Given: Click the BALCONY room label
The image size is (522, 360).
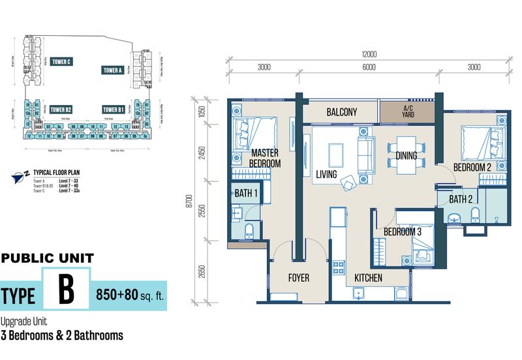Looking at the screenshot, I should (x=341, y=112).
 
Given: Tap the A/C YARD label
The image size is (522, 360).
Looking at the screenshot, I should (x=408, y=112).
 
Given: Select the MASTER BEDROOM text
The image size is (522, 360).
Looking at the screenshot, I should (x=266, y=158).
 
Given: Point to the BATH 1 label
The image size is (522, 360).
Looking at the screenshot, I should (x=247, y=193).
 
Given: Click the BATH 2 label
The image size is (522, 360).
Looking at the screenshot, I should (x=461, y=199).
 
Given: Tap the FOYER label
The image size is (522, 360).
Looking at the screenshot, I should (x=298, y=278).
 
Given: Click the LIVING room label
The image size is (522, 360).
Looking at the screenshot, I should (x=326, y=175).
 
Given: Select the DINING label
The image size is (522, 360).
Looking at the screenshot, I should (x=407, y=156).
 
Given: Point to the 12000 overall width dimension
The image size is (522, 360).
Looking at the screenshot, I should (x=367, y=55).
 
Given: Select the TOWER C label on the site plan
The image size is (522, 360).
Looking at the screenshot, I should (x=61, y=61).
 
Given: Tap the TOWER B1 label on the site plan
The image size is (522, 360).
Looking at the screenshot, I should (x=113, y=109).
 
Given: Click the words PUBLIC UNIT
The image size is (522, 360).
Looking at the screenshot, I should (x=48, y=258).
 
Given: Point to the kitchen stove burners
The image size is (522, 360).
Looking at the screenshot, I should (x=339, y=267).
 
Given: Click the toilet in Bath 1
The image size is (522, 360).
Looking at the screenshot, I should (x=249, y=230).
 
